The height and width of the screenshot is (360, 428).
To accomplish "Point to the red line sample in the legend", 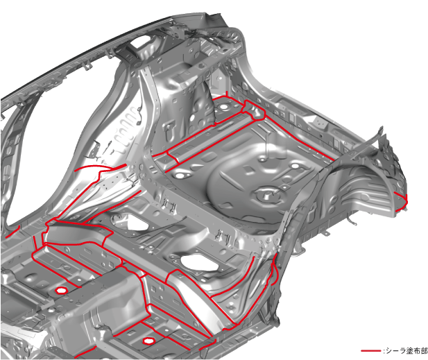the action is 371,351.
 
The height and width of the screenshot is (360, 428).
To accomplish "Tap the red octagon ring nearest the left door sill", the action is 61,291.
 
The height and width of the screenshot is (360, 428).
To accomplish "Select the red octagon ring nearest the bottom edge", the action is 148,341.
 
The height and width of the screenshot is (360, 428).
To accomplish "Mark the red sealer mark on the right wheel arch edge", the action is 402,201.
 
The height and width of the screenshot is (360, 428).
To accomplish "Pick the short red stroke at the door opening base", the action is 14,231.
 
